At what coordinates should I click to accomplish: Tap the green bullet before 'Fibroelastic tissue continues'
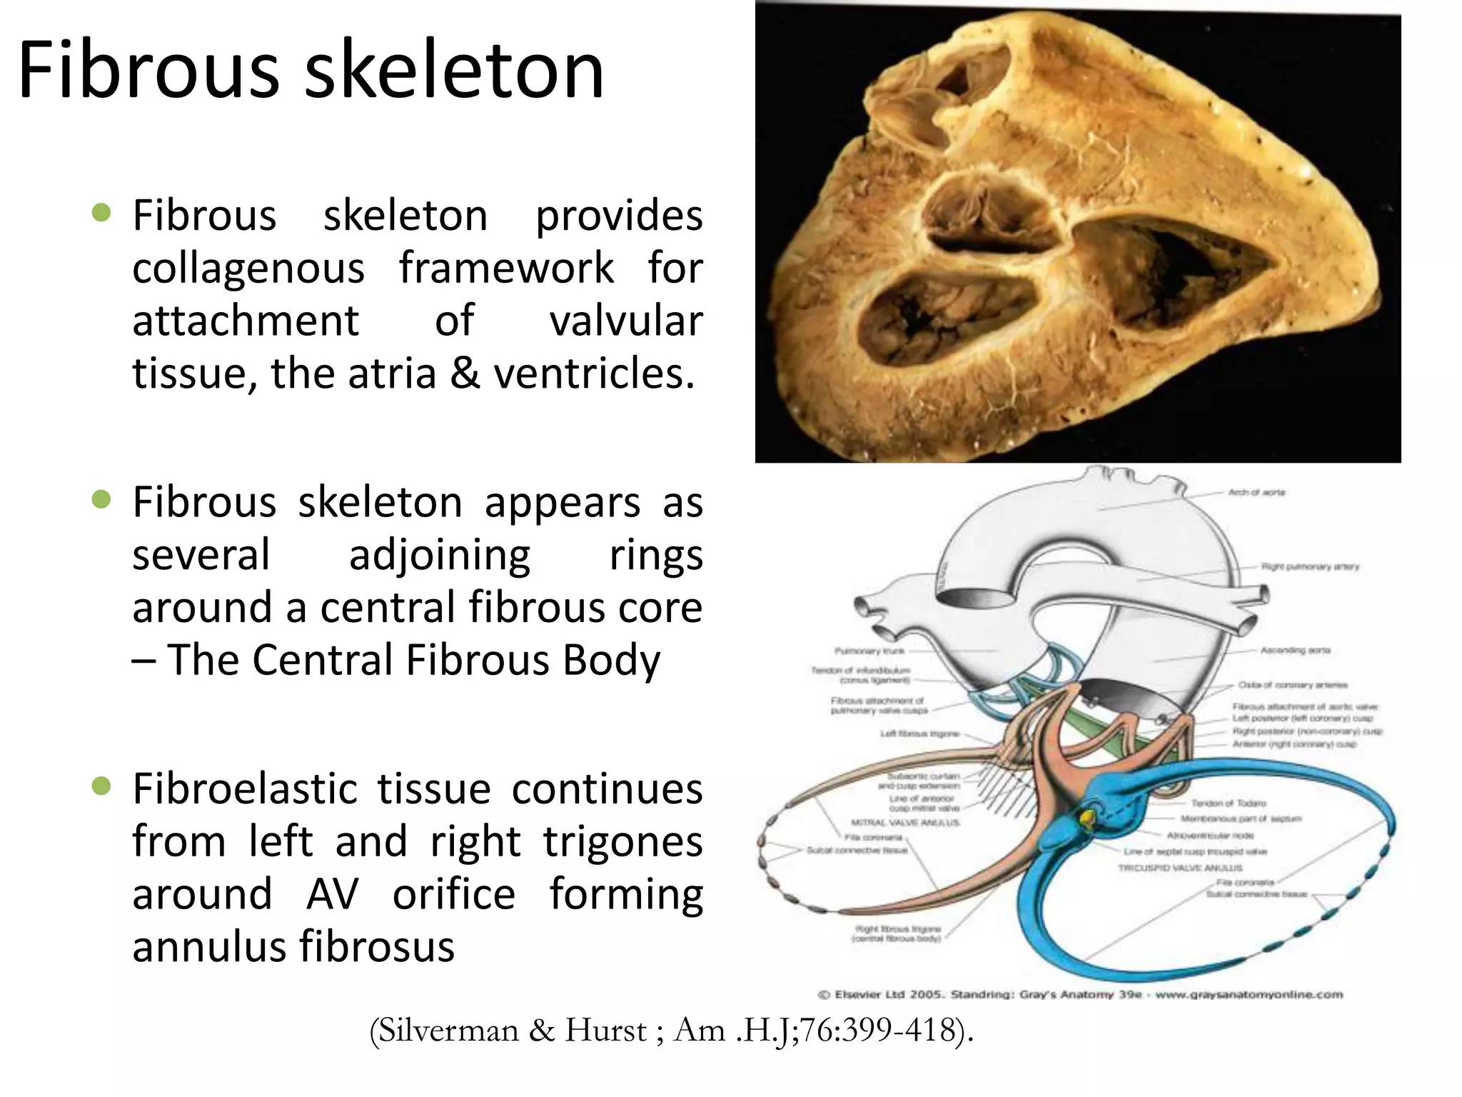(102, 787)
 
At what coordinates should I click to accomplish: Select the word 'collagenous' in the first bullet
(248, 269)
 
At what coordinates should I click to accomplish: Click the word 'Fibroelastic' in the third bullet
(244, 789)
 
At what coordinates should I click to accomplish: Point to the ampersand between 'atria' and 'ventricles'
(465, 374)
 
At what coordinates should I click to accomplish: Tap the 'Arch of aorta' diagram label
(1256, 492)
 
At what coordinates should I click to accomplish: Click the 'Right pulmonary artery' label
(1310, 566)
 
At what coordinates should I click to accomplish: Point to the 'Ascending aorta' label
(1295, 651)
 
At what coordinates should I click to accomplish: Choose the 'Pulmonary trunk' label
(869, 651)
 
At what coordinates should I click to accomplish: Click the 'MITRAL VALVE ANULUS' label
(905, 822)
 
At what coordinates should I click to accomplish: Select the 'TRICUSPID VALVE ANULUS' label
(1180, 868)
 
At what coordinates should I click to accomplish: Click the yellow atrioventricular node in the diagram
(1088, 817)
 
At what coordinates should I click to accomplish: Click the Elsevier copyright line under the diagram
(1079, 994)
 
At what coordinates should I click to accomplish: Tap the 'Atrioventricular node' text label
(1210, 835)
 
